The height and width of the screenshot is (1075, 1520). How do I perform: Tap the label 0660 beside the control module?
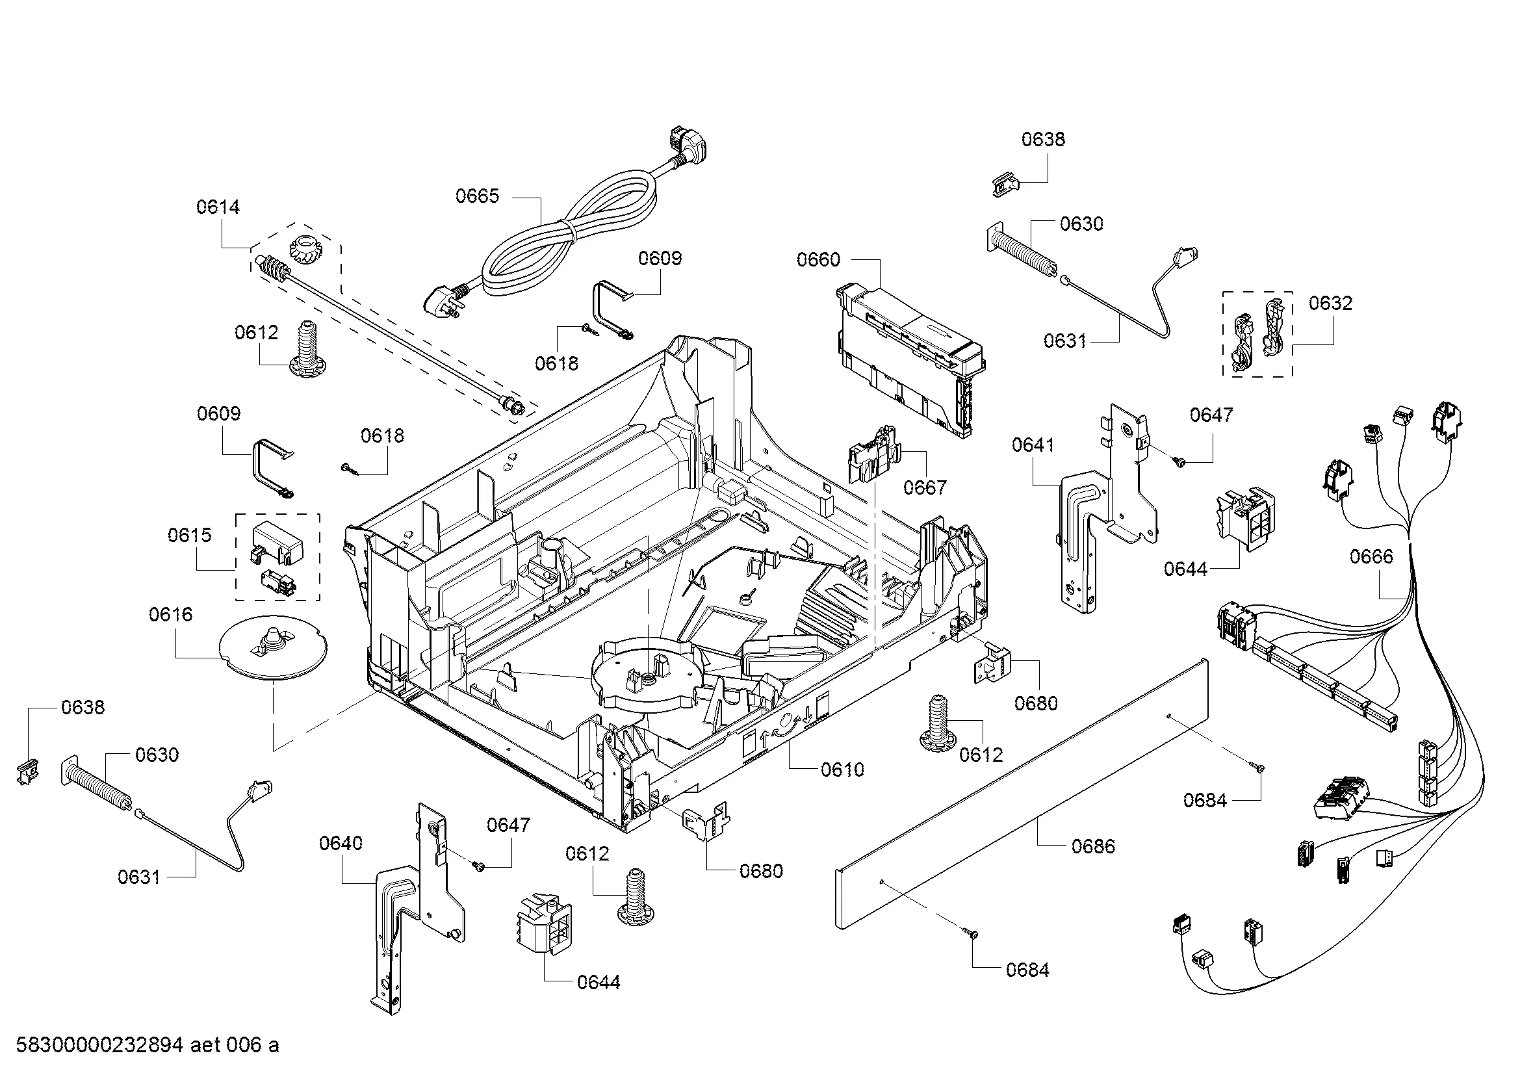(818, 259)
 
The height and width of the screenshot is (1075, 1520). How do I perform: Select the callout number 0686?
(1093, 846)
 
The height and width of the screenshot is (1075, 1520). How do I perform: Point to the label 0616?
(171, 614)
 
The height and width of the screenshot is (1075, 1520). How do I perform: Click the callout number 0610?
(842, 769)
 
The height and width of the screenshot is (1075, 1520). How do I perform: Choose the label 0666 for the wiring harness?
(1371, 557)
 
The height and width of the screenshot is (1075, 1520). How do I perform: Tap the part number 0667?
(925, 488)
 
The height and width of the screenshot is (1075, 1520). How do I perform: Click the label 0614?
(218, 207)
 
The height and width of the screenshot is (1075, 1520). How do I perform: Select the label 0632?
(1331, 303)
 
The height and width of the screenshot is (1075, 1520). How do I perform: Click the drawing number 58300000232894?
(99, 1045)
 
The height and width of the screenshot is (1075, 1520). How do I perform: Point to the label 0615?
(189, 535)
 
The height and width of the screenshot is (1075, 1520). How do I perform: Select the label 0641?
(1033, 445)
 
